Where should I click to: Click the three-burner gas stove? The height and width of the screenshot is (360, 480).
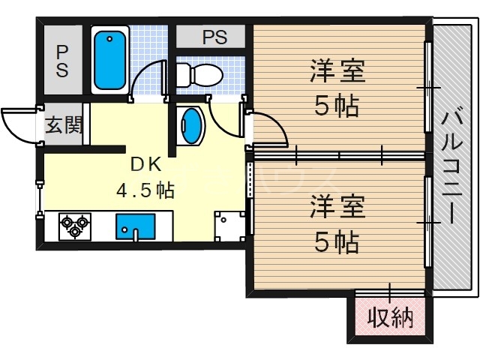[x=75, y=225]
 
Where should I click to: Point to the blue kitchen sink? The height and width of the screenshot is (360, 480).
[x=135, y=226]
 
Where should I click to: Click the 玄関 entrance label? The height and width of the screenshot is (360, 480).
[x=64, y=125]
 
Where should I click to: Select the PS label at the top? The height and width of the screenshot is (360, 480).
[x=214, y=37]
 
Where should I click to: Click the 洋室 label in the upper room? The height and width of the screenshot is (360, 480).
[x=337, y=73]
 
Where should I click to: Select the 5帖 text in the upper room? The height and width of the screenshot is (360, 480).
[x=337, y=106]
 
